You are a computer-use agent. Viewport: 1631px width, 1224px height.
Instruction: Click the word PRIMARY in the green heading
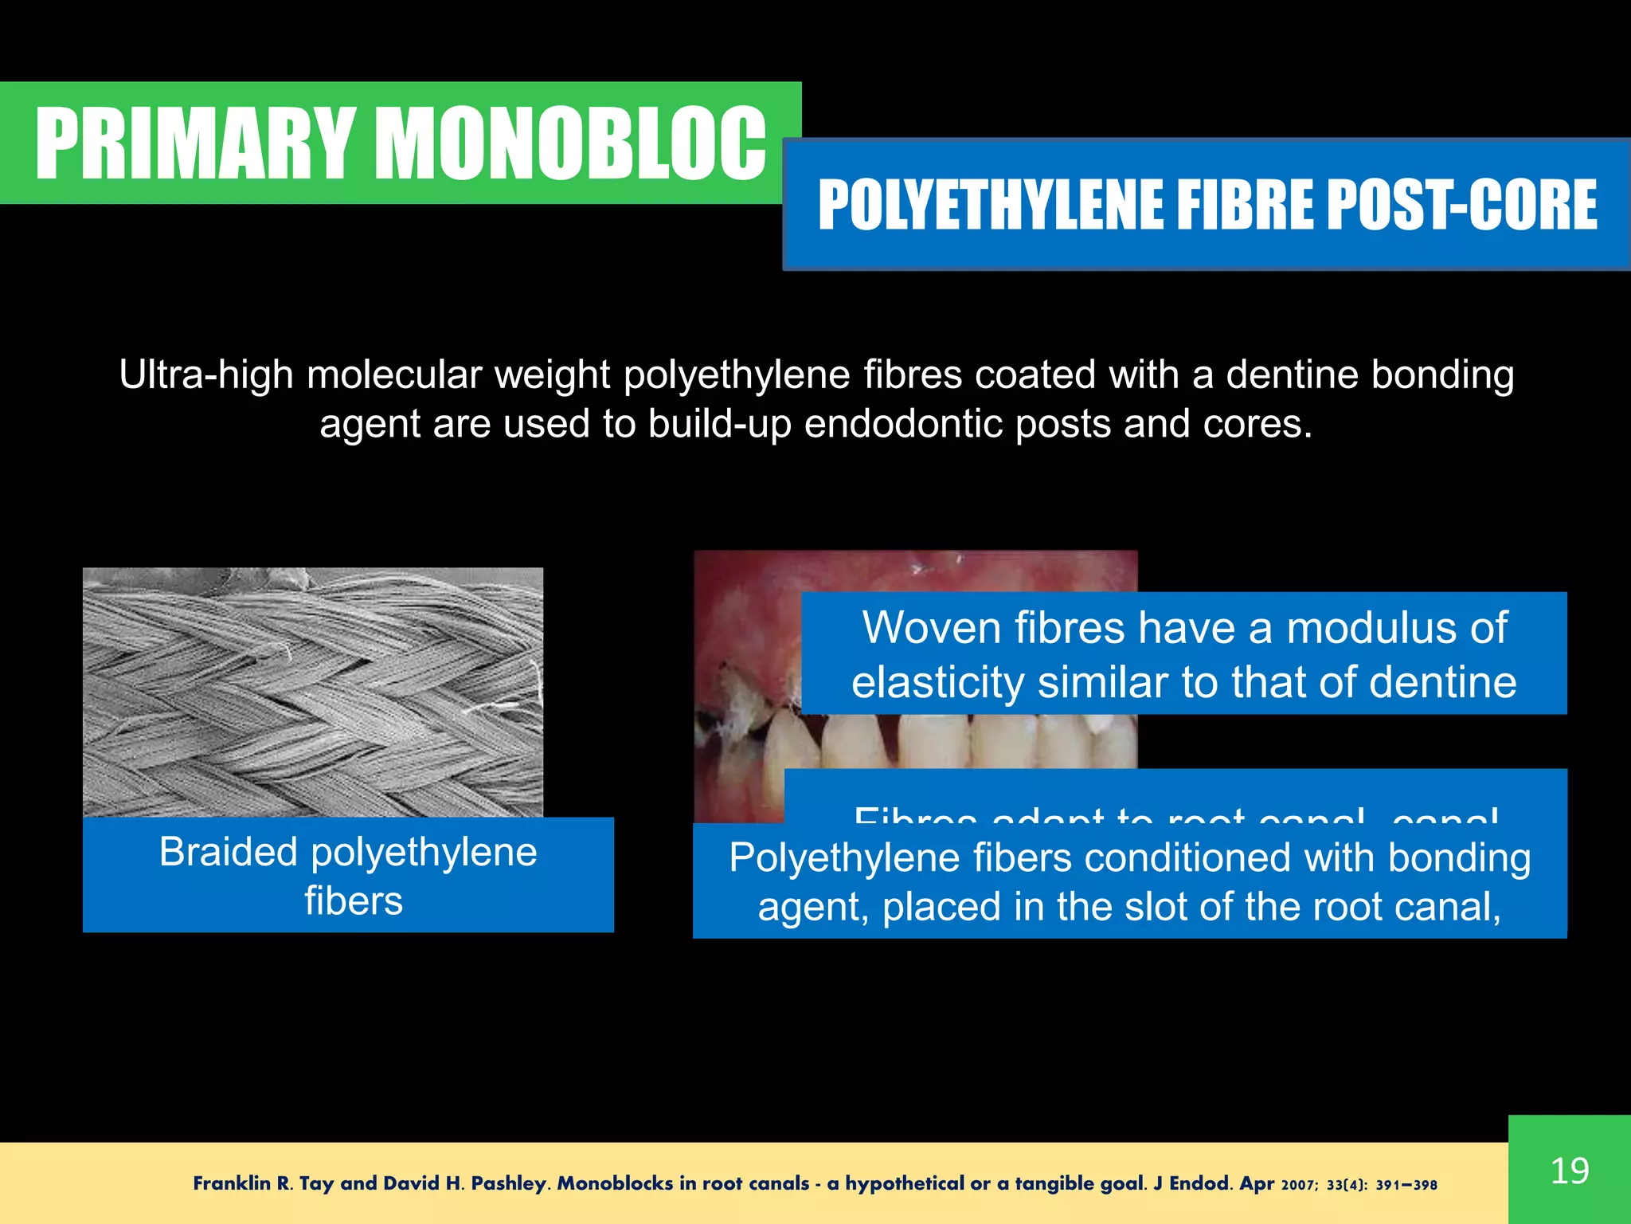point(194,144)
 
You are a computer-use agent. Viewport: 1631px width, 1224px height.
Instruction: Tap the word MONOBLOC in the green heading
point(571,144)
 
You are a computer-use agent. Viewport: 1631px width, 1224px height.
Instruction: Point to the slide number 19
point(1570,1171)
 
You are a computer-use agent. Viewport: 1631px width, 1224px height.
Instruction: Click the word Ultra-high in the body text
point(205,375)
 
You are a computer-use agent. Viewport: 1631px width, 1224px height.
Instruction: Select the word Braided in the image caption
point(229,852)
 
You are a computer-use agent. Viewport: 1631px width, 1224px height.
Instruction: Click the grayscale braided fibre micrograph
point(313,692)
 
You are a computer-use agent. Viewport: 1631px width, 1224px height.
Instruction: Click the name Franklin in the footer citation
point(232,1183)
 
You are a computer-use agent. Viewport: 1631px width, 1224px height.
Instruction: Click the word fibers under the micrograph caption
point(354,901)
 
